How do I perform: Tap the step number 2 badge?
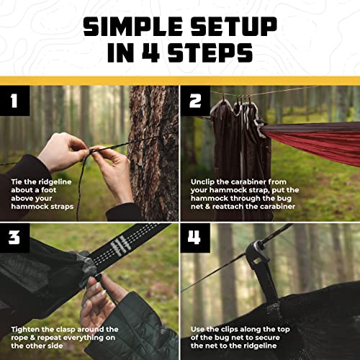[195, 101]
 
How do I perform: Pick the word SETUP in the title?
[230, 27]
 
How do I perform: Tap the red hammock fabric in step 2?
[317, 144]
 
